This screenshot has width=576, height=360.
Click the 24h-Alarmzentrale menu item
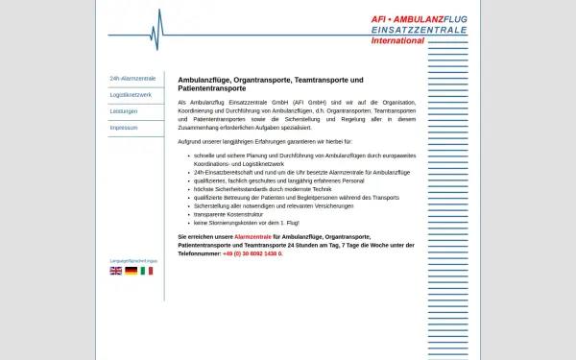point(132,79)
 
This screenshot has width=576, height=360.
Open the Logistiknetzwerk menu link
point(132,95)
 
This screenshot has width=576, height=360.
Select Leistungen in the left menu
point(125,111)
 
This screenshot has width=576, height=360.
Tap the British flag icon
point(116,272)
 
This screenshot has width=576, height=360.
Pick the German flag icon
point(132,272)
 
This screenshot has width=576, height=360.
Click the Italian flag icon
point(147,272)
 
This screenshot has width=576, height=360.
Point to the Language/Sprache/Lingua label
point(133,261)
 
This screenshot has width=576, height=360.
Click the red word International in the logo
point(397,41)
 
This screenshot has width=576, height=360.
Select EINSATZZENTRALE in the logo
point(419,30)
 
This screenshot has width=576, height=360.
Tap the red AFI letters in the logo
point(383,19)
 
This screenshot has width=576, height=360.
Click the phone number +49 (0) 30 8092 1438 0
point(252,254)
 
